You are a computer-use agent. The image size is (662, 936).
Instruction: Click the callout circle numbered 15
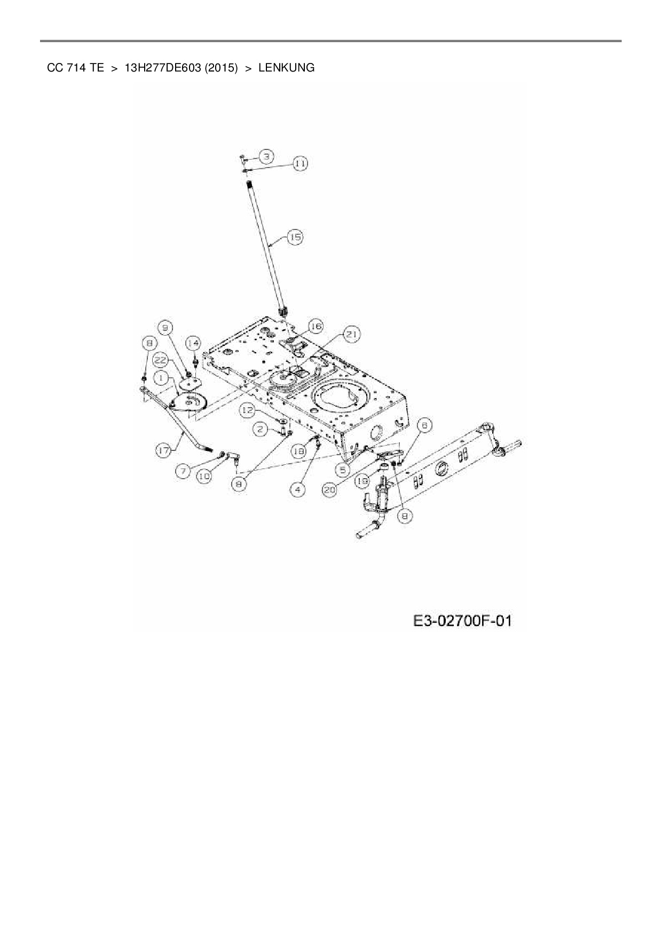pos(295,237)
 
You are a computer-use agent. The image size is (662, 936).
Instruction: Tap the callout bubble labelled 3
pos(266,156)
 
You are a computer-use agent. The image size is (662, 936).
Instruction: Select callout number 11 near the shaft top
pos(301,163)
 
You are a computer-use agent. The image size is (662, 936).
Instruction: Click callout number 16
pos(316,326)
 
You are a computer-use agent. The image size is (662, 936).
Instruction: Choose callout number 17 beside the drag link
pos(164,451)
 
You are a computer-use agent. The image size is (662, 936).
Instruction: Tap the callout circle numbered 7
pos(184,471)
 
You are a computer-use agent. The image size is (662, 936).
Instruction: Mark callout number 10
pos(204,477)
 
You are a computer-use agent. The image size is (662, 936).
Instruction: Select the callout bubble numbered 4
pos(297,489)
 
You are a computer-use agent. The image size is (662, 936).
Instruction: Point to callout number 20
pos(330,489)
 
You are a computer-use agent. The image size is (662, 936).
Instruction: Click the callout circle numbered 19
pos(362,481)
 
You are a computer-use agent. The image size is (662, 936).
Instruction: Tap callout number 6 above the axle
pos(425,425)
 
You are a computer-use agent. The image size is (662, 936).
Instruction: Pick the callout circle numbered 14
pos(193,343)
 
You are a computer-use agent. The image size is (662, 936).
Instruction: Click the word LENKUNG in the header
pos(286,68)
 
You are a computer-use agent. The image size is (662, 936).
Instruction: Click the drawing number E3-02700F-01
pos(462,621)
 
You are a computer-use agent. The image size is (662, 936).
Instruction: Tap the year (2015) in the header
pos(220,68)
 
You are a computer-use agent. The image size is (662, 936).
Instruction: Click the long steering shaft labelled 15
pos(265,245)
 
